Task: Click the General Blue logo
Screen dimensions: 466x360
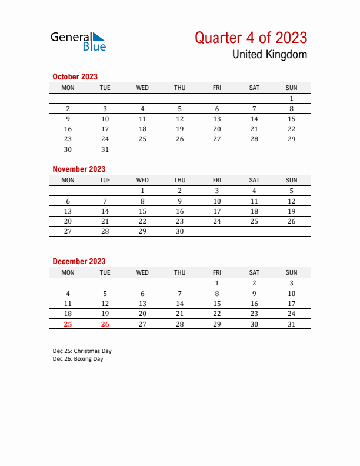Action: pos(78,41)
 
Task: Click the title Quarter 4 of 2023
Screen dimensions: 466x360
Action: pos(251,38)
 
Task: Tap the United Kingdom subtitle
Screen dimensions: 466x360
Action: pos(269,55)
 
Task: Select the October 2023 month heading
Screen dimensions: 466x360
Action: pos(75,76)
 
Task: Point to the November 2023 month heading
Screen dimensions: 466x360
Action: pos(79,169)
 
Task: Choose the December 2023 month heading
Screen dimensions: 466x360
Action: pos(79,261)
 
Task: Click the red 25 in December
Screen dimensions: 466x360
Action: pos(68,324)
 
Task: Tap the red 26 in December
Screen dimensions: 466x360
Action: pos(105,324)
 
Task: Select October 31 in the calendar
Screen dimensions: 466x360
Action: pos(105,149)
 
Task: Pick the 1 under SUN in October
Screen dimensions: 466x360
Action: pos(291,98)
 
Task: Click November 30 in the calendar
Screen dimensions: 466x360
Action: pos(179,231)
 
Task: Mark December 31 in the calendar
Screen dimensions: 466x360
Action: pos(291,324)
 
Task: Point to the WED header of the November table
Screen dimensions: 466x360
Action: pos(142,180)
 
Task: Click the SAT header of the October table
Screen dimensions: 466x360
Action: pos(254,88)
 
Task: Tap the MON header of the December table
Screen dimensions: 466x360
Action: pos(68,272)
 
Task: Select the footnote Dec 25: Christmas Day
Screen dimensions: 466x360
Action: pos(82,351)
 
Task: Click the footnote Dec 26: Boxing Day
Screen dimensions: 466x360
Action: pos(78,359)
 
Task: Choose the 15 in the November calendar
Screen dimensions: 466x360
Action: pos(142,211)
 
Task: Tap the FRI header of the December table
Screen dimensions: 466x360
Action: pos(216,272)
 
